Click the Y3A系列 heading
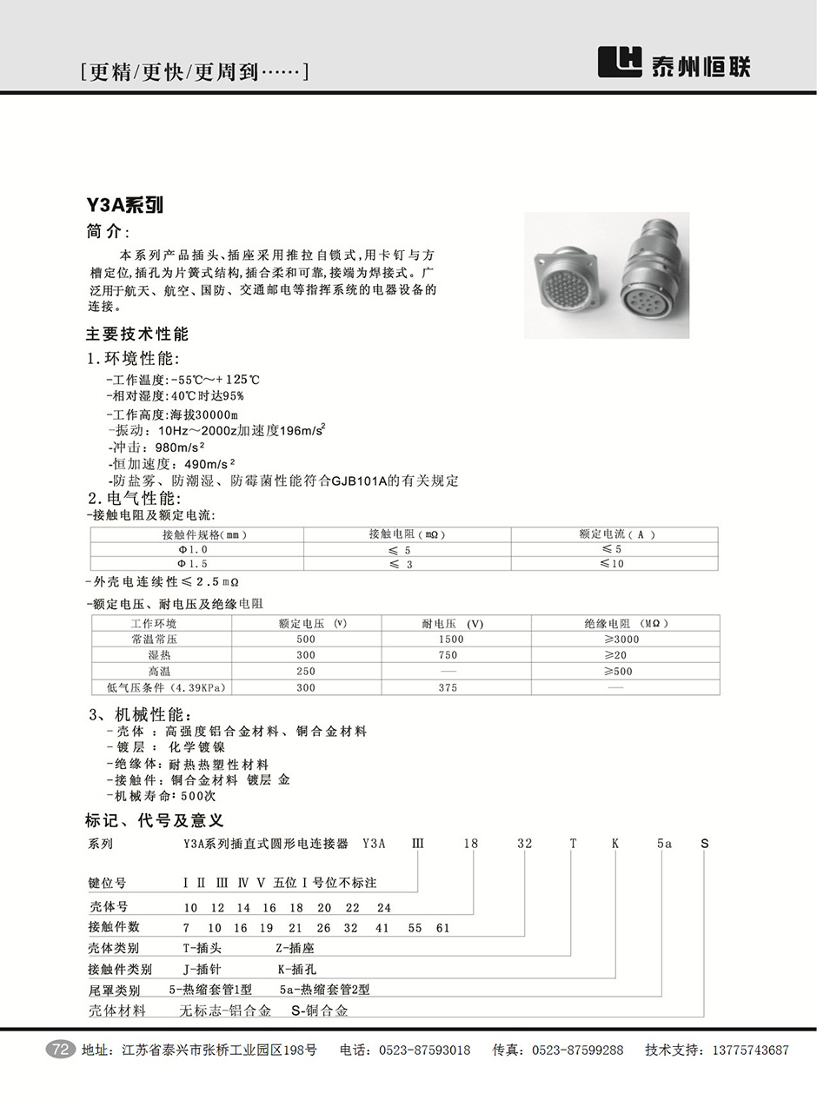click(x=124, y=206)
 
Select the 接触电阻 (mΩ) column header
click(x=407, y=534)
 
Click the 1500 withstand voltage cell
click(x=451, y=639)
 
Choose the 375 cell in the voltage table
click(x=448, y=687)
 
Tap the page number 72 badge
click(x=61, y=1050)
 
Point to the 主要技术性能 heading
click(x=136, y=335)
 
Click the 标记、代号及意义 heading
click(x=154, y=820)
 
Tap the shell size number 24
click(x=383, y=908)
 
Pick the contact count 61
click(x=443, y=928)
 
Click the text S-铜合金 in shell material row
click(x=319, y=1011)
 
